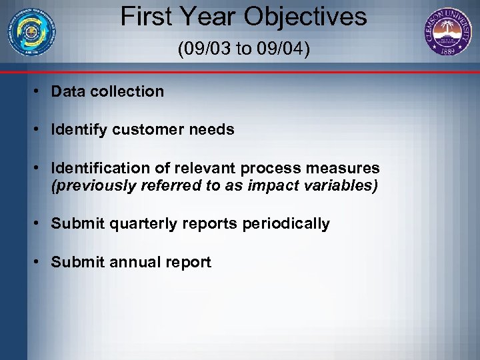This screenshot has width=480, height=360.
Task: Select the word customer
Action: click(x=147, y=130)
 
